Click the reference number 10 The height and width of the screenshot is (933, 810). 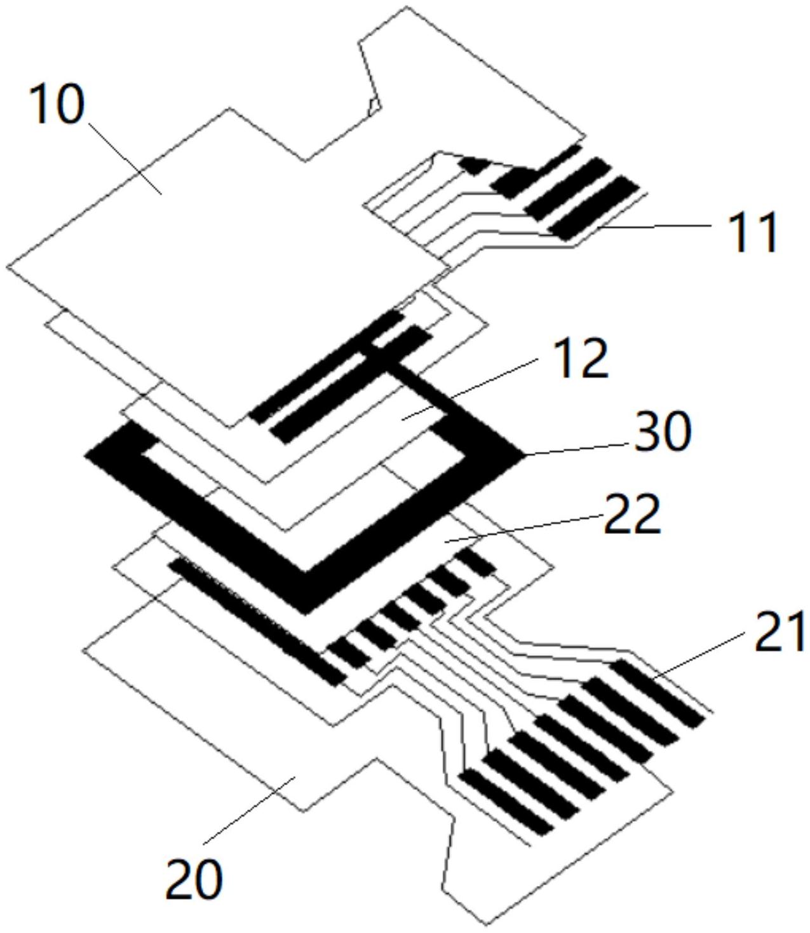[56, 105]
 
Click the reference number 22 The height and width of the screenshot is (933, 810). [632, 517]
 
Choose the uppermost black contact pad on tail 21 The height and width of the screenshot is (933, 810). [658, 693]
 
